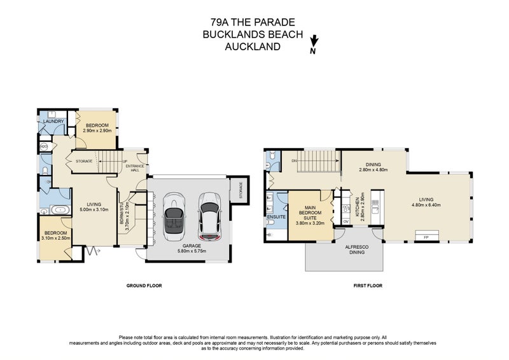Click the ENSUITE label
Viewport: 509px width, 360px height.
[x=276, y=217]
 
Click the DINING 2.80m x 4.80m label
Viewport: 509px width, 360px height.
[x=373, y=167]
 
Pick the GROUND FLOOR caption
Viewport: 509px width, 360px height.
[x=144, y=286]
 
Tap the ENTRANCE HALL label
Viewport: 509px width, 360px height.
[x=136, y=167]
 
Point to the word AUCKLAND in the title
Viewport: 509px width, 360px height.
[x=254, y=46]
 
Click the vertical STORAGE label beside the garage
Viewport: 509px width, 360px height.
[x=241, y=191]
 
